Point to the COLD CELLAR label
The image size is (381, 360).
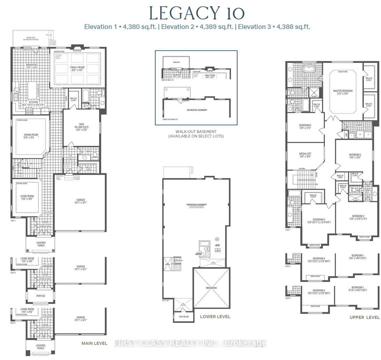point(181,314)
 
